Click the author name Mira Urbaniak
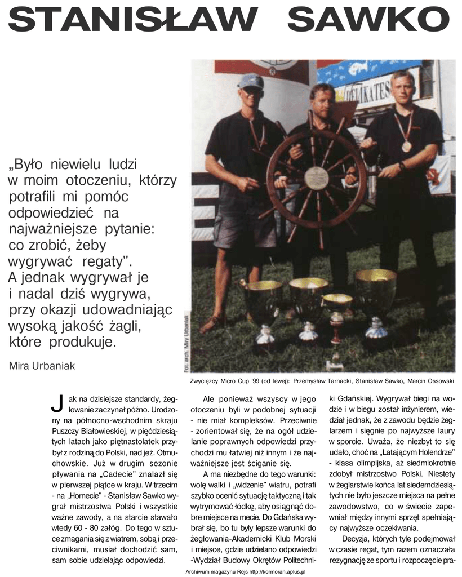42,365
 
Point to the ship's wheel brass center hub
316,177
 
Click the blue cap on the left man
250,82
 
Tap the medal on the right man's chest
406,147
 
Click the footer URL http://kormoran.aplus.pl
281,571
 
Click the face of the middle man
322,100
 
